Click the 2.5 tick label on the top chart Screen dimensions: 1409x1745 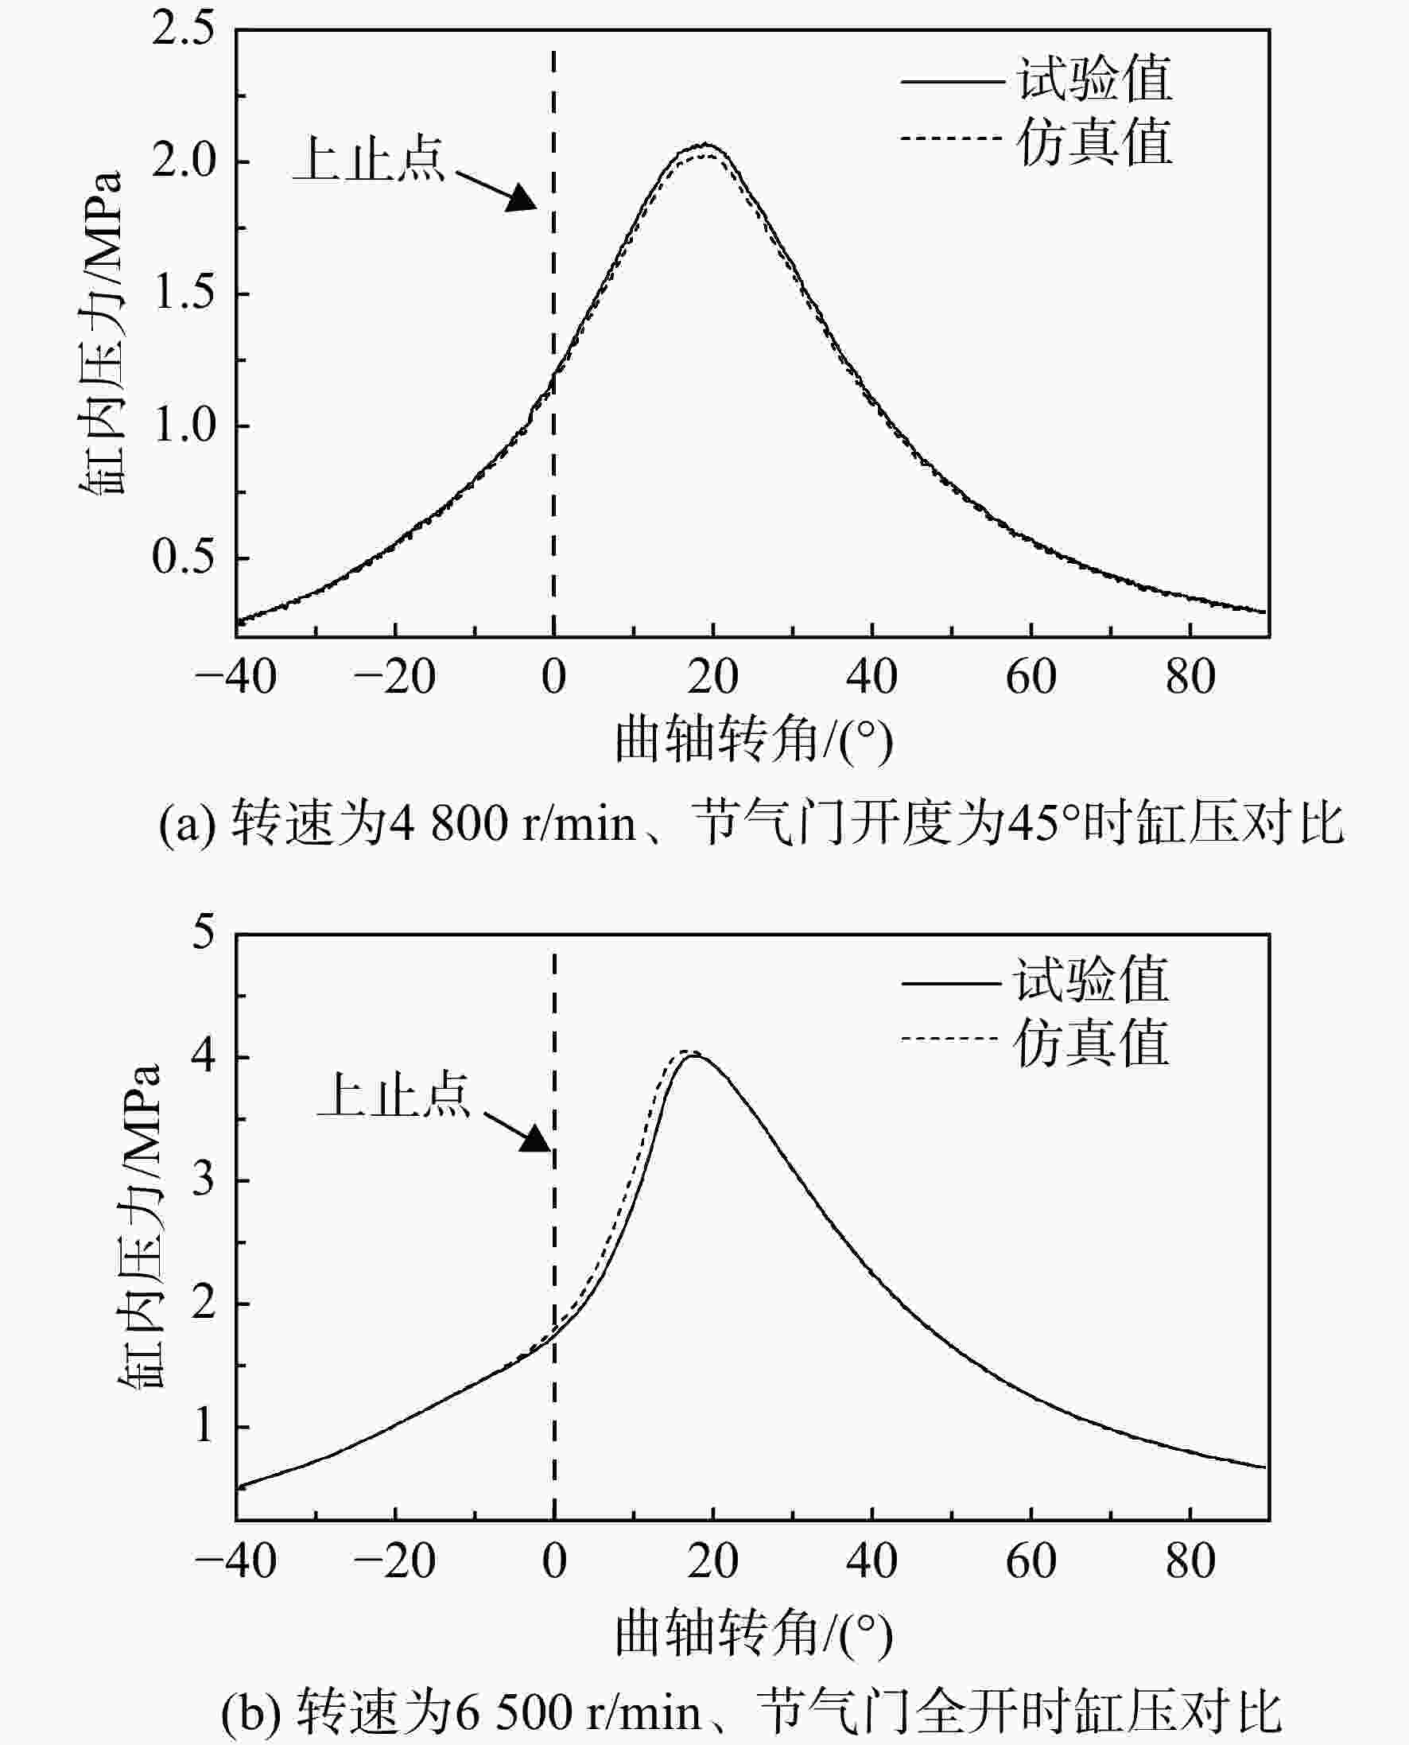pyautogui.click(x=184, y=29)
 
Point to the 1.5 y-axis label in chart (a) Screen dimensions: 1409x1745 pyautogui.click(x=184, y=293)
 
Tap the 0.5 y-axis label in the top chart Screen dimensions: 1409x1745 pyautogui.click(x=184, y=557)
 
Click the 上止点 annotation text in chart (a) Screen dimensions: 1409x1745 pyautogui.click(x=369, y=158)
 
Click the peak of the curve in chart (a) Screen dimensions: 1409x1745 pyautogui.click(x=704, y=146)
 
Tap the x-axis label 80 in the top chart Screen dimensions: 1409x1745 pyautogui.click(x=1190, y=677)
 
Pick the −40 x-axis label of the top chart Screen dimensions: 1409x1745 pyautogui.click(x=235, y=677)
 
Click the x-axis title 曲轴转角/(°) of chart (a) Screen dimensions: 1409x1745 pyautogui.click(x=753, y=740)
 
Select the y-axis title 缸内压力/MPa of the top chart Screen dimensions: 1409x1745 pyautogui.click(x=101, y=332)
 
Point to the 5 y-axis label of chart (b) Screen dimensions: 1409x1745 pyautogui.click(x=204, y=931)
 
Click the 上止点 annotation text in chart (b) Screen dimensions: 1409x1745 pyautogui.click(x=394, y=1095)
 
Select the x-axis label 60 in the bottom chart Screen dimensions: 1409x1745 pyautogui.click(x=1031, y=1560)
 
